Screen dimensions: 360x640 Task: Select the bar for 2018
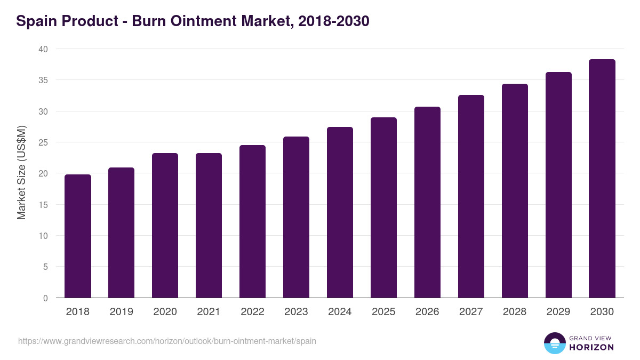point(78,236)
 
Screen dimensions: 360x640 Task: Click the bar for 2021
point(209,225)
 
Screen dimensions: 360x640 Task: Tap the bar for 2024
point(340,212)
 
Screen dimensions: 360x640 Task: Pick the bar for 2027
point(471,196)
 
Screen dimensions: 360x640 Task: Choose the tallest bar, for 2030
point(602,178)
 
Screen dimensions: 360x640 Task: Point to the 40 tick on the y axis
point(43,49)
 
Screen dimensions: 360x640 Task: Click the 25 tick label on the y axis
point(43,142)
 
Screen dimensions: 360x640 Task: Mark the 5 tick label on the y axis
point(45,267)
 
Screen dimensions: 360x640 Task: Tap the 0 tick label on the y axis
point(45,298)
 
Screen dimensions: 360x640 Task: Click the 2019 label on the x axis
point(121,312)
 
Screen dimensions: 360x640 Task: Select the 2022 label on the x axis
point(252,312)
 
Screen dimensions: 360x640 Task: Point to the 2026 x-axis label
point(427,312)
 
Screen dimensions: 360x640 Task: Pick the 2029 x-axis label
point(558,312)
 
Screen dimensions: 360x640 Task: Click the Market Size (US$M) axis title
point(22,173)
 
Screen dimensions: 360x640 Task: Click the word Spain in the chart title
point(37,22)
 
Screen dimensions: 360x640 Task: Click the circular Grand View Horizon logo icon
point(554,343)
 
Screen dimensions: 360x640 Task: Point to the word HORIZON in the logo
point(591,347)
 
